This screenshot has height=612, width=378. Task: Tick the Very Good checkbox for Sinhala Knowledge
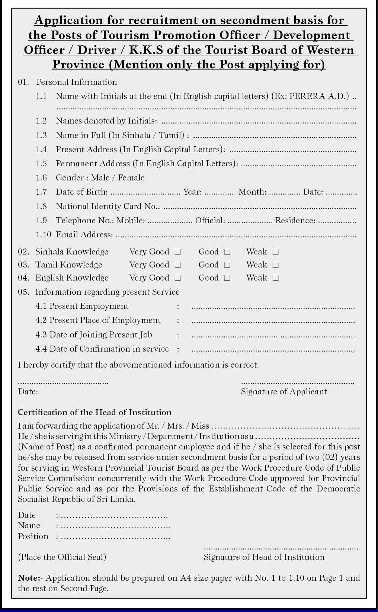coord(178,252)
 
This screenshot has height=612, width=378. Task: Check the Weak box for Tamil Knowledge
coord(275,265)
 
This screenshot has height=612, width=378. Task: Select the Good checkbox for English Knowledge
coord(227,278)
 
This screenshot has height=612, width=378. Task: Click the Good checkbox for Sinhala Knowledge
coord(227,252)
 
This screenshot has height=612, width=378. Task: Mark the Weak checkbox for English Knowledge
coord(275,278)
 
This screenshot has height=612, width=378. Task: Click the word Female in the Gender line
coord(131,178)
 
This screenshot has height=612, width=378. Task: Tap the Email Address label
coord(84,235)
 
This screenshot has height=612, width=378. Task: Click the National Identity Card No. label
coord(108,206)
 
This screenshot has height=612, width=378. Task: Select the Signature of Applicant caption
coord(283,392)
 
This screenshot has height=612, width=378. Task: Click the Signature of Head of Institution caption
coord(264,557)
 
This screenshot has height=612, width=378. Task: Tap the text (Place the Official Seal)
coord(62,557)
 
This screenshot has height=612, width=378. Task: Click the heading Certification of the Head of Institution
coord(94,413)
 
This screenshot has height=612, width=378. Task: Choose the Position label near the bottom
coord(33,536)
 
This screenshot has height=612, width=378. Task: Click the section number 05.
coord(23,292)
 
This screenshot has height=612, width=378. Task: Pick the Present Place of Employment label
coord(105,320)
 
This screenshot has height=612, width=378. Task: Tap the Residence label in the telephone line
coord(295,221)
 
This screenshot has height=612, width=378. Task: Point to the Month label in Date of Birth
coord(252,192)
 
